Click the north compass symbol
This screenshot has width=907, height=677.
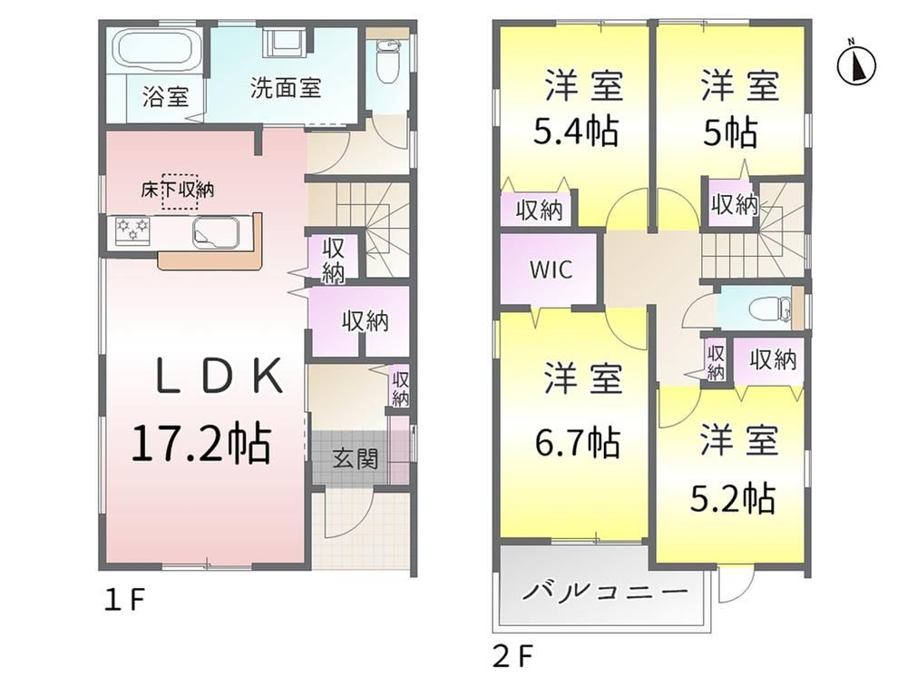coord(857,64)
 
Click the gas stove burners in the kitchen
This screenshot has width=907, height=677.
coord(132,231)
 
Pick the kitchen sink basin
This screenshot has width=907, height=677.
coord(216,232)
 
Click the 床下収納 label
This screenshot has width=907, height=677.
coord(177,189)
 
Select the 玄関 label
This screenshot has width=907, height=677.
coord(356,459)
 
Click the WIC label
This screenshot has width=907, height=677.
coord(551,270)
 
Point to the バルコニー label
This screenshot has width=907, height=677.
coord(605,592)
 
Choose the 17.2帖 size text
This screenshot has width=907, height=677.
coord(201,444)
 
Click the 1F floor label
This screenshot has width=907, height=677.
coord(123,601)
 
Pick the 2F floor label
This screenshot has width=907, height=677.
coord(512,656)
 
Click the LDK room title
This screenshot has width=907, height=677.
coord(219,377)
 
